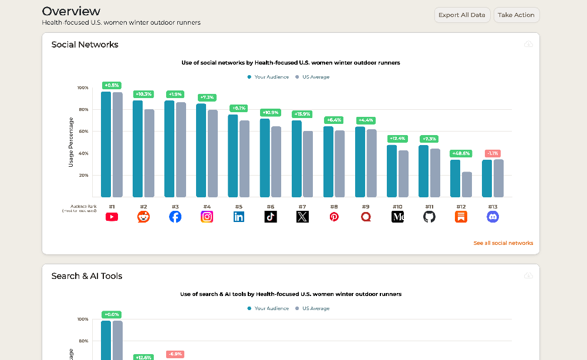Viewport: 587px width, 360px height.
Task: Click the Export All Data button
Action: tap(462, 15)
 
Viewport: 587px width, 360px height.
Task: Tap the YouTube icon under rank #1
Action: tap(112, 217)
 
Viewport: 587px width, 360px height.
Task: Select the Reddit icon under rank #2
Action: tap(143, 217)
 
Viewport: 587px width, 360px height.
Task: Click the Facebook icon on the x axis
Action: tap(175, 217)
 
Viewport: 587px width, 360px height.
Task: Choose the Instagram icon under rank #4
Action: tap(207, 217)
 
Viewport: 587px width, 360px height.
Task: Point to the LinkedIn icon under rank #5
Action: tap(239, 217)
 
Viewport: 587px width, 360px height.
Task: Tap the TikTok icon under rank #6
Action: tap(271, 217)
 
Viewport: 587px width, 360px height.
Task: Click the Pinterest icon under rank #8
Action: tap(334, 217)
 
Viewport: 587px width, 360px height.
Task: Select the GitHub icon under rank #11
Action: tap(429, 217)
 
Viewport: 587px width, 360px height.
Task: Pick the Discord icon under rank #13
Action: tap(492, 217)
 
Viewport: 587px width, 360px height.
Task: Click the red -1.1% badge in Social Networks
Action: tap(492, 153)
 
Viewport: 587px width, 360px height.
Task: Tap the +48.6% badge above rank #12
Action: tap(461, 153)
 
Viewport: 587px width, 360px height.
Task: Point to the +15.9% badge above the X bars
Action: tap(302, 114)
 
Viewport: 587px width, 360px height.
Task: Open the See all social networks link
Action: tap(503, 243)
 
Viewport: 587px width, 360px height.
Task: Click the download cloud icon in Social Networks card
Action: tap(528, 45)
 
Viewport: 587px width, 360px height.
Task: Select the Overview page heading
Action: tap(71, 11)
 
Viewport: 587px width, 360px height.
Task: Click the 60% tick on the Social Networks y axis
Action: tap(83, 131)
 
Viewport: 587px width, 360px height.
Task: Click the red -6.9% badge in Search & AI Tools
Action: tap(175, 354)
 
